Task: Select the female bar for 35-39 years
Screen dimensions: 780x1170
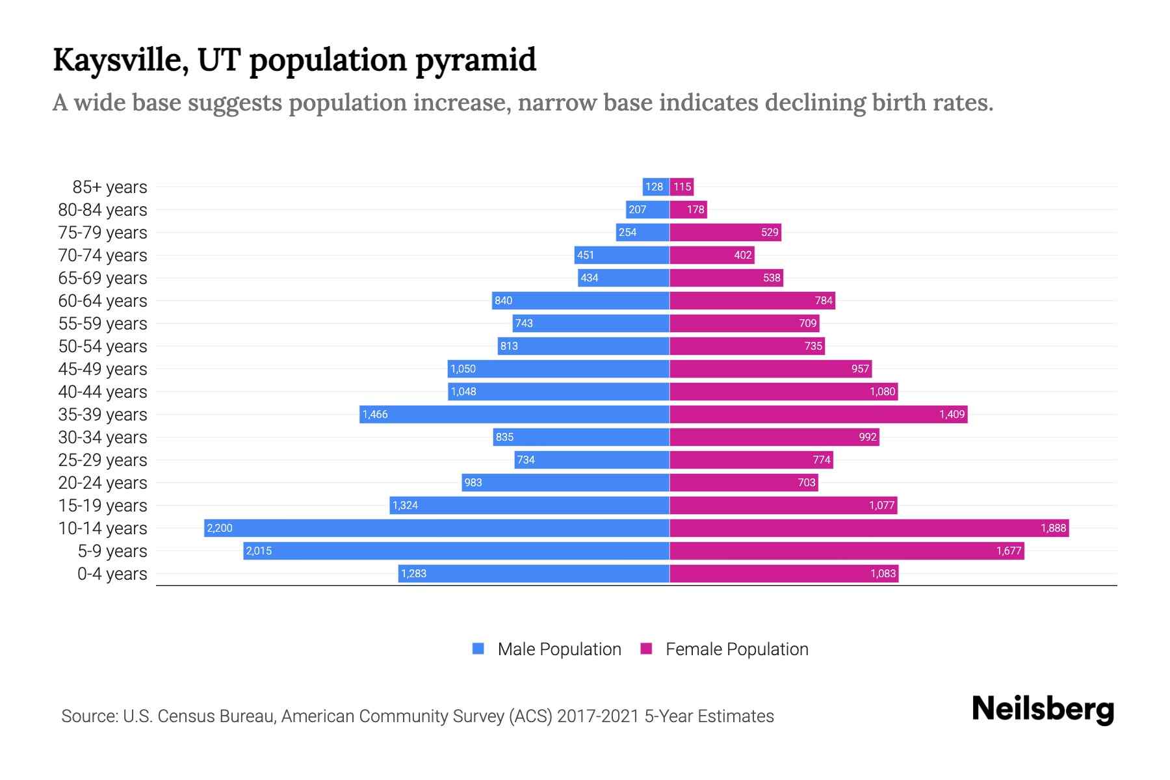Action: pos(818,414)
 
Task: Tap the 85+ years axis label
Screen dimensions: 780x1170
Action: pos(109,187)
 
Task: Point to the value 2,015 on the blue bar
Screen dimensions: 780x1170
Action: pos(259,551)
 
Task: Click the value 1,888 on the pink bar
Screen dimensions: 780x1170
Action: pos(1053,528)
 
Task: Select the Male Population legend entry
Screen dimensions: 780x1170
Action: pos(547,649)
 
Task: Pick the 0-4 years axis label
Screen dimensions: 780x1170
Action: pos(112,574)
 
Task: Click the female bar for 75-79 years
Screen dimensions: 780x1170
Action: pos(725,232)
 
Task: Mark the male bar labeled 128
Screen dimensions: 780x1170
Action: pos(655,187)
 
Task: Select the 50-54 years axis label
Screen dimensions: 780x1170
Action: pos(103,346)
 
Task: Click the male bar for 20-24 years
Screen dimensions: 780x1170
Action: pos(565,482)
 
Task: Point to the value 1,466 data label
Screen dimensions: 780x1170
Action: pos(375,414)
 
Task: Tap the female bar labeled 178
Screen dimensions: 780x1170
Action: pos(688,209)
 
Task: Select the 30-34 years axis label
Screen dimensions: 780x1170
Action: pos(103,437)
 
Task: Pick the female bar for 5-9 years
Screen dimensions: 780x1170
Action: pos(846,551)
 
